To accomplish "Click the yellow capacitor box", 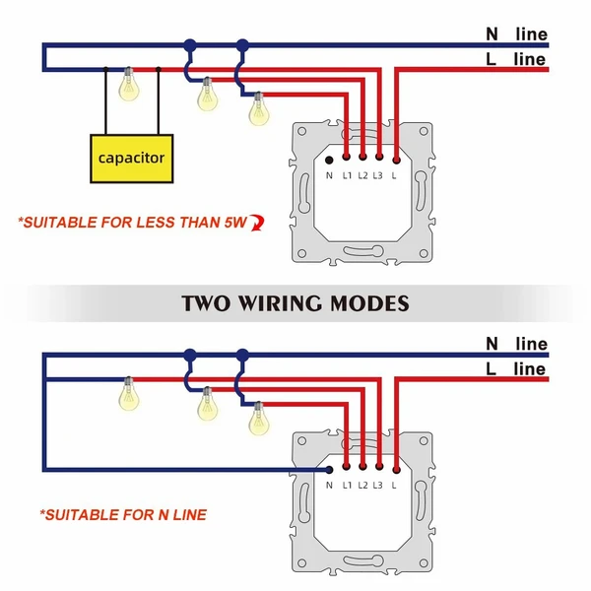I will coord(131,158).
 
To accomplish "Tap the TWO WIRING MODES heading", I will coord(295,302).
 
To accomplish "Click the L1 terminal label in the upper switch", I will coord(347,176).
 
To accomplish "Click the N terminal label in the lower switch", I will coord(329,487).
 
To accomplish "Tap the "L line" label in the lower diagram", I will coord(516,369).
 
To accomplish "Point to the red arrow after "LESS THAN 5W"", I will coord(258,223).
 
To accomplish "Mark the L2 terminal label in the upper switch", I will coord(362,176).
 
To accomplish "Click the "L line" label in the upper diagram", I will coord(516,59).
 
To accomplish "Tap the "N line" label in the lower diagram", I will coord(516,344).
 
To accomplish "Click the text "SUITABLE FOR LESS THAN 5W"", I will coord(133,222).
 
